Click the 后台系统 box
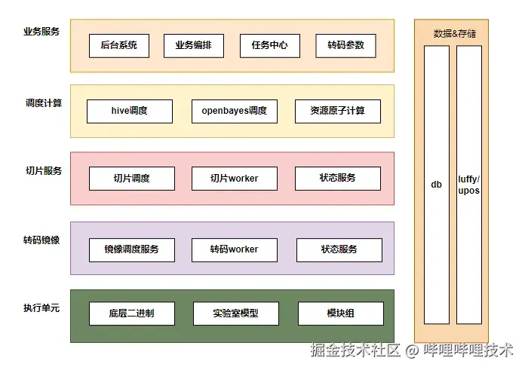[118, 45]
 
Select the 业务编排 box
[194, 45]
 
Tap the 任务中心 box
[269, 45]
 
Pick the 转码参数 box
[345, 45]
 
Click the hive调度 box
[130, 111]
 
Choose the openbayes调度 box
[234, 111]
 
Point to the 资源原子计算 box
[337, 111]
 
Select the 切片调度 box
[132, 179]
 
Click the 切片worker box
[235, 179]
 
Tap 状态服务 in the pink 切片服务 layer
[337, 179]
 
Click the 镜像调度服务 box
[132, 249]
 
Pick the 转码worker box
[235, 249]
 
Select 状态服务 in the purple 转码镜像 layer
[339, 249]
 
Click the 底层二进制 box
[132, 313]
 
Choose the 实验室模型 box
[235, 313]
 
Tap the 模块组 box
[340, 313]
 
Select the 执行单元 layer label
[42, 308]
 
